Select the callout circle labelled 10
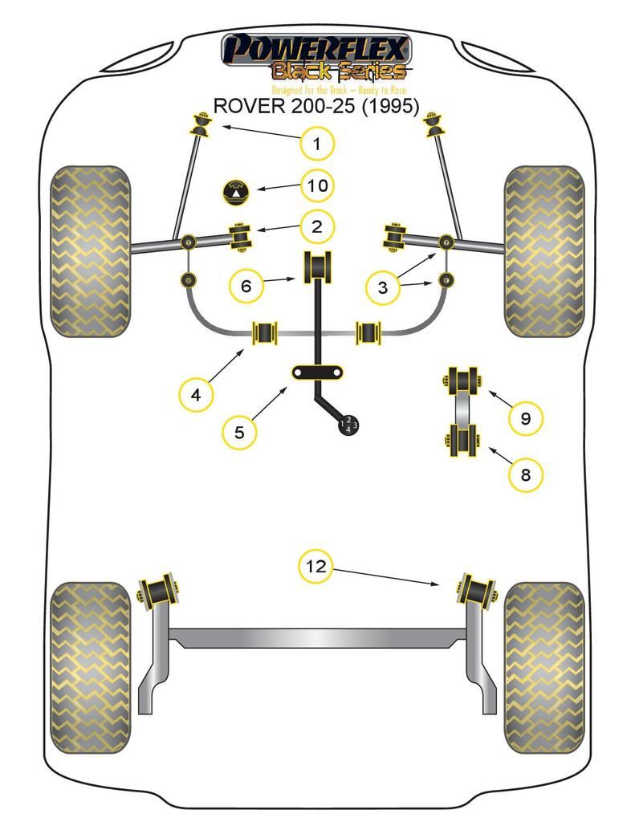tap(317, 186)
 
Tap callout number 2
tap(317, 226)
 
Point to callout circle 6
tap(246, 284)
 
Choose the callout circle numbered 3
tap(382, 287)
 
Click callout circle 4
tap(197, 393)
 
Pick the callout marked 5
tap(239, 432)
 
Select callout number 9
tap(526, 418)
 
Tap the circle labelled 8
tap(526, 474)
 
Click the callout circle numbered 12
tap(317, 567)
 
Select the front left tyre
tap(89, 250)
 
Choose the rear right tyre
tap(543, 667)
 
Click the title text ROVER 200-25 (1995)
tap(315, 107)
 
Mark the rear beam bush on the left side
tap(159, 592)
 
